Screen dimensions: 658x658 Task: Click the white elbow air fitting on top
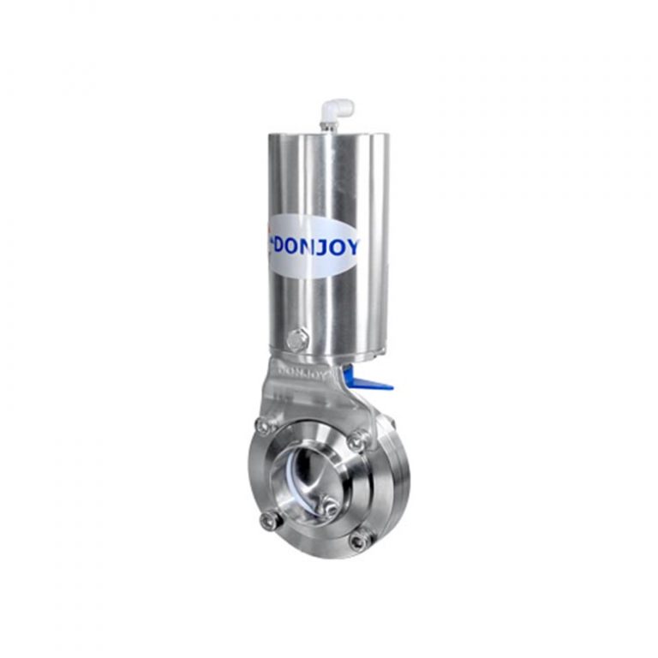[x=337, y=111]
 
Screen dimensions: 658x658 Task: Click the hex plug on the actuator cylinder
[x=296, y=339]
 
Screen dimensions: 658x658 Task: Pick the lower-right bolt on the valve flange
[x=360, y=540]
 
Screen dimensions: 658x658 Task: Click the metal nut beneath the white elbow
[x=326, y=126]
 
